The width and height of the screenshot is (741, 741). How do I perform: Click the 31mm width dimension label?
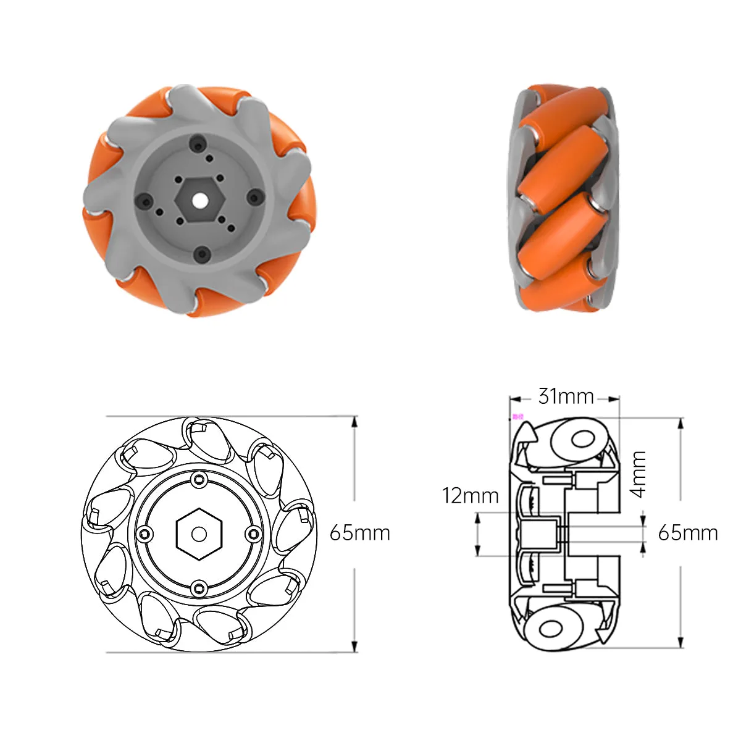(x=566, y=396)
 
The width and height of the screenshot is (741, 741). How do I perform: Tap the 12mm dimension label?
(x=471, y=496)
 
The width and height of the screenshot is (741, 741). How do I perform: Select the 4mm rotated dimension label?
(x=637, y=474)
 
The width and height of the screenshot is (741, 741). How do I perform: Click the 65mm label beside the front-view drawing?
(x=360, y=533)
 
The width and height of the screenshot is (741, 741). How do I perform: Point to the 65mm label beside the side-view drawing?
(x=687, y=533)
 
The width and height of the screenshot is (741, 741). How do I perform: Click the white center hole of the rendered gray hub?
(x=199, y=199)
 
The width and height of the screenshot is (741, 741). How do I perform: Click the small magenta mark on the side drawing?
(x=517, y=416)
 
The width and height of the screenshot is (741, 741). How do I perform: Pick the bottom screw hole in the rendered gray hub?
(x=201, y=254)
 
